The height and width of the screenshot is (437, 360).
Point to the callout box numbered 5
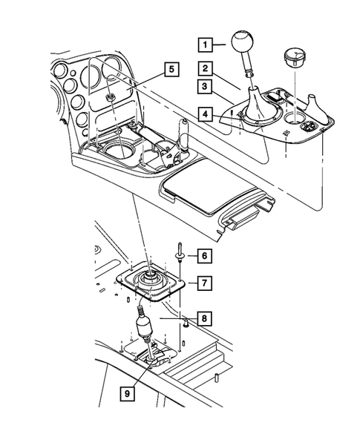click(x=171, y=70)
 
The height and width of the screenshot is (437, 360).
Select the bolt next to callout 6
click(x=180, y=256)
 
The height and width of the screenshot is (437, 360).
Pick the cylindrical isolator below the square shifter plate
click(x=144, y=325)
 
